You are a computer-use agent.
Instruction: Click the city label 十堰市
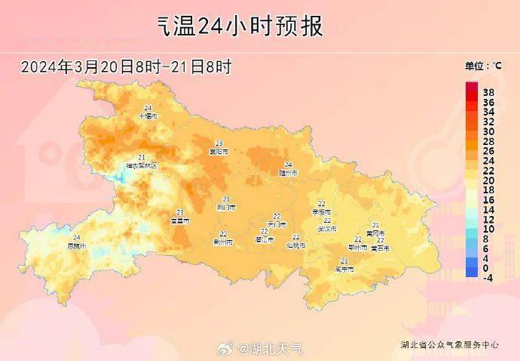pos(148,117)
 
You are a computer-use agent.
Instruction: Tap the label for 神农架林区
pos(142,165)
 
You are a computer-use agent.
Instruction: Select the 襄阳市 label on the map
pos(219,152)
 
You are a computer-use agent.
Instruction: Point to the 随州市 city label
pos(288,173)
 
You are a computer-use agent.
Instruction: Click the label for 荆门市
pos(226,207)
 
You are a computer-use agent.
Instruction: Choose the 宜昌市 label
pos(180,221)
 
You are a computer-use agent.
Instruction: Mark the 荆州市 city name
pos(223,242)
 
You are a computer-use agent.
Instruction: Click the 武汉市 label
pos(327,228)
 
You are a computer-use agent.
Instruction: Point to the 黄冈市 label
pos(375,233)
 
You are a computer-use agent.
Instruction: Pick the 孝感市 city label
pos(322,212)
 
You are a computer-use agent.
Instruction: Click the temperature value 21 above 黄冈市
pos(375,225)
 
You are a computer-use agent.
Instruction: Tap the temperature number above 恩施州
pos(77,238)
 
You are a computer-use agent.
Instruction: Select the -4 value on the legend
pos(488,278)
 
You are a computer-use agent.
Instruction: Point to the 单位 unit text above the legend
pos(478,66)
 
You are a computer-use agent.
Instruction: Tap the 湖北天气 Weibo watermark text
pos(271,348)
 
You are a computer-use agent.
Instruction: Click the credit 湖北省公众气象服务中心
pos(449,344)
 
